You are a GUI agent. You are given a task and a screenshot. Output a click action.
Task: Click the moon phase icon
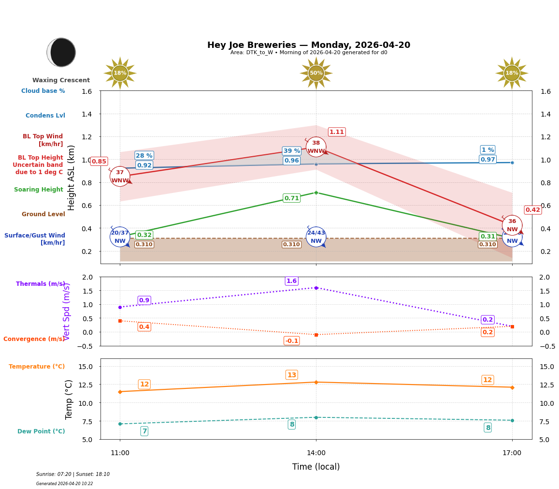click(61, 52)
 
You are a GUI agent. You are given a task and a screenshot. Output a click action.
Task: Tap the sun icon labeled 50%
click(316, 73)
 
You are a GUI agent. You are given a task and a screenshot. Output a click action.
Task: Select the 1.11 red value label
click(337, 132)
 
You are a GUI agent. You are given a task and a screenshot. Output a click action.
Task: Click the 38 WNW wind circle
click(316, 147)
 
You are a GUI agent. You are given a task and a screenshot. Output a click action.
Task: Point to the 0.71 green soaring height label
click(291, 198)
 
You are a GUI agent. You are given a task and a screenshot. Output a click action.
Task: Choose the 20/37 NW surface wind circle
click(120, 237)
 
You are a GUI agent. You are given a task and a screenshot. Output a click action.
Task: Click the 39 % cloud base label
click(291, 151)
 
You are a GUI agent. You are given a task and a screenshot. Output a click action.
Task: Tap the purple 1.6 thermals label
click(291, 281)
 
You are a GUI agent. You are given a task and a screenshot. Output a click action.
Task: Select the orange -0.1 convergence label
click(291, 341)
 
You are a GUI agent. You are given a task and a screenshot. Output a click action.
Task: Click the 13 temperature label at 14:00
click(291, 375)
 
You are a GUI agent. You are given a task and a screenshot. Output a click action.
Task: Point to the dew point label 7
click(144, 431)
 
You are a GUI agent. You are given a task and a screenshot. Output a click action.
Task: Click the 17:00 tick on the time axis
click(512, 453)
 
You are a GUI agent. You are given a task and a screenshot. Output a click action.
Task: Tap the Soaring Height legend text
click(39, 190)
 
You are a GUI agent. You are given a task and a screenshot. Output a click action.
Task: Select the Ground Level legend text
click(43, 214)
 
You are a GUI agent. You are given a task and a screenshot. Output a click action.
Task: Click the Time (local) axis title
click(316, 467)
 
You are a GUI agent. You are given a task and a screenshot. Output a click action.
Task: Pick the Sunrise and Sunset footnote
click(73, 474)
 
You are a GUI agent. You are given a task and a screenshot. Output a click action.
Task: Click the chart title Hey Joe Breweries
click(308, 45)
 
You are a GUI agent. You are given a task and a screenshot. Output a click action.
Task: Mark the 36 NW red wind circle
click(512, 225)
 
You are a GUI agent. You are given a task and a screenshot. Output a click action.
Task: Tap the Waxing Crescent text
click(61, 80)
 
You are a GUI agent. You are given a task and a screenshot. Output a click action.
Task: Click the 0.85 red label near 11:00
click(99, 162)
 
